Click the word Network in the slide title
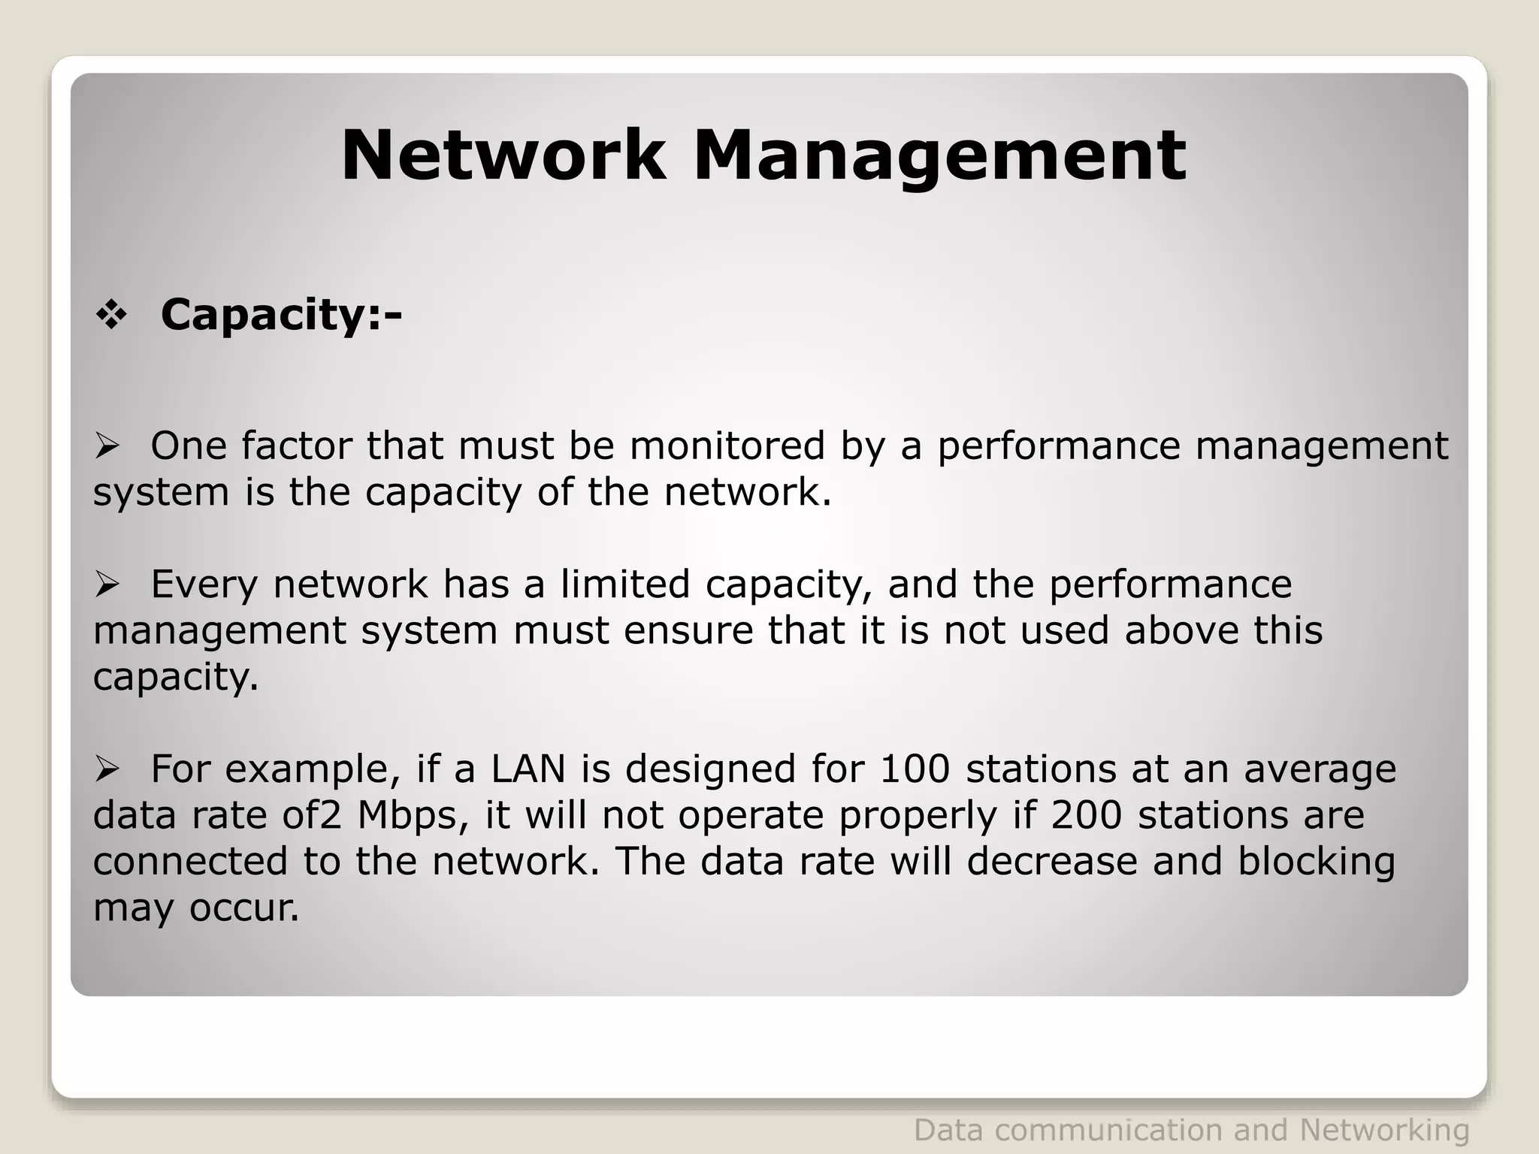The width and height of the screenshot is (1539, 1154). click(x=503, y=156)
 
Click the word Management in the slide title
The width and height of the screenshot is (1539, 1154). click(x=939, y=157)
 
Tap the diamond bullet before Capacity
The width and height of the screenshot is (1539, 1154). click(x=110, y=316)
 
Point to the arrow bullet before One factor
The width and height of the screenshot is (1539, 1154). click(x=107, y=448)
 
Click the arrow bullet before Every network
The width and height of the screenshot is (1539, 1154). click(x=107, y=585)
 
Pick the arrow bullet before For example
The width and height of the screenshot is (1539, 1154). click(x=107, y=769)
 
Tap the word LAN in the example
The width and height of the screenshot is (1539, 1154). click(x=528, y=769)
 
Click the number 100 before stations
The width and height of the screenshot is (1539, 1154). click(x=915, y=769)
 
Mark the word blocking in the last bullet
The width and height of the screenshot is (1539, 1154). click(x=1316, y=862)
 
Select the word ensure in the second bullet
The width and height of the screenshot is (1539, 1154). click(x=688, y=630)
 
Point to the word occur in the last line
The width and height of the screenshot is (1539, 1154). click(x=243, y=908)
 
